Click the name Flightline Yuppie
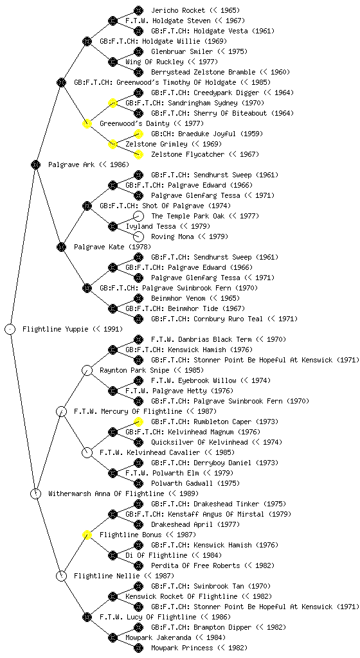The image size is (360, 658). (x=56, y=329)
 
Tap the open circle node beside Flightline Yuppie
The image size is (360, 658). (x=10, y=329)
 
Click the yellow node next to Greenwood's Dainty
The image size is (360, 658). (x=87, y=123)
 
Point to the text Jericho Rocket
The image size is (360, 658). (x=178, y=10)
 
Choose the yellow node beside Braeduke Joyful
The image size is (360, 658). (x=138, y=134)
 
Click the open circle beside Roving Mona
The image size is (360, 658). (x=138, y=236)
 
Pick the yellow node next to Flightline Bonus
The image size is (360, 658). (x=87, y=535)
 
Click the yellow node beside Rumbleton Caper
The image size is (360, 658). (x=138, y=422)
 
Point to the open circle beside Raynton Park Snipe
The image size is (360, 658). (x=87, y=370)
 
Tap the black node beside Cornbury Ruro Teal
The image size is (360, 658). (x=138, y=319)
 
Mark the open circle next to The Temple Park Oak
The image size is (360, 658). (x=138, y=216)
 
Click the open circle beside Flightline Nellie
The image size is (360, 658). (x=61, y=576)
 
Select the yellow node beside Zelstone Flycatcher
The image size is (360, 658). (x=138, y=154)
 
